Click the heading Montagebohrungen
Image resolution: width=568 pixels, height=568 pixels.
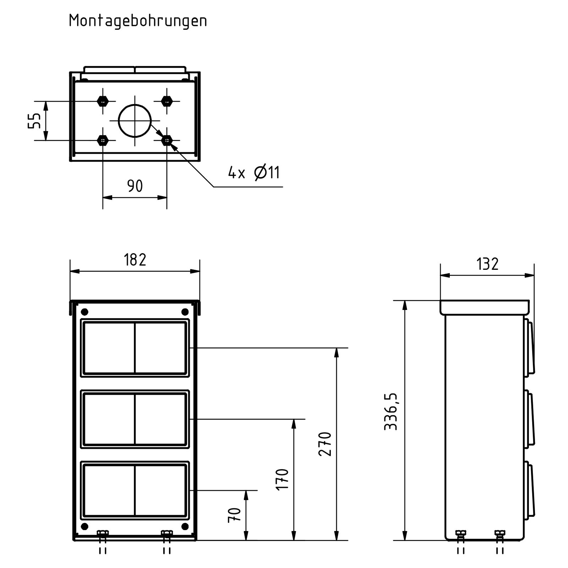[x=138, y=21]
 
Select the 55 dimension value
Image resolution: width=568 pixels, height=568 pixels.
[x=35, y=121]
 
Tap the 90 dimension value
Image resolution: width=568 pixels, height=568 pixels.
[x=135, y=186]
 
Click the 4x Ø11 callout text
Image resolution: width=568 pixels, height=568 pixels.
[x=254, y=173]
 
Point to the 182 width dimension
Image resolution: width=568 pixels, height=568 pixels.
[x=135, y=260]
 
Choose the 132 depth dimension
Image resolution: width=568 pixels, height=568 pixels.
[x=487, y=264]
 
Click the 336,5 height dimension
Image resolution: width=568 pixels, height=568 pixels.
[x=391, y=412]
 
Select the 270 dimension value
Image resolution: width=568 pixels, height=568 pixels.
[x=325, y=444]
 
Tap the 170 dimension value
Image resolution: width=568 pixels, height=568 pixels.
[x=282, y=480]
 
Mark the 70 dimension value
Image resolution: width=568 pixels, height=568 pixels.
[x=234, y=515]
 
